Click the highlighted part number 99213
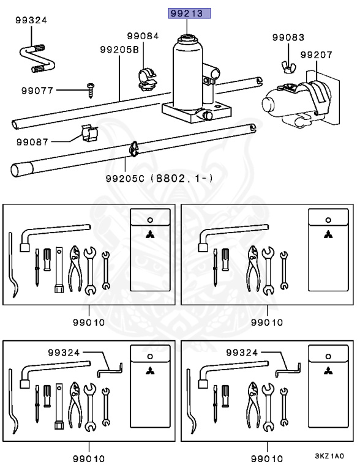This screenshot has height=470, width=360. click(189, 13)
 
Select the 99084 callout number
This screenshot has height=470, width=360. click(143, 36)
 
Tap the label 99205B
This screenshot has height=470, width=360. click(119, 50)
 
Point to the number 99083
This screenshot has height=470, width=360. click(288, 37)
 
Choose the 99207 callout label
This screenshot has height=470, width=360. click(317, 55)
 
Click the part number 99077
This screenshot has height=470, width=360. click(37, 91)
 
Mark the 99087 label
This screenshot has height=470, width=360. click(32, 142)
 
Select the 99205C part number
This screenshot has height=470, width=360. click(125, 179)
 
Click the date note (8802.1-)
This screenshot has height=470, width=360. click(181, 179)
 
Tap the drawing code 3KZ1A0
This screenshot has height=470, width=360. click(329, 456)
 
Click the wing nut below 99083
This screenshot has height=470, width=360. click(288, 67)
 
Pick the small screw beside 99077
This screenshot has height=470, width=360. click(90, 90)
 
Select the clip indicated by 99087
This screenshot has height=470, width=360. click(89, 133)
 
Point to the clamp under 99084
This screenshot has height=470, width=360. click(148, 79)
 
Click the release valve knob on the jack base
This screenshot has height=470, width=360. click(205, 114)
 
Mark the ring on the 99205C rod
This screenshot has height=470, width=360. click(133, 149)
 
